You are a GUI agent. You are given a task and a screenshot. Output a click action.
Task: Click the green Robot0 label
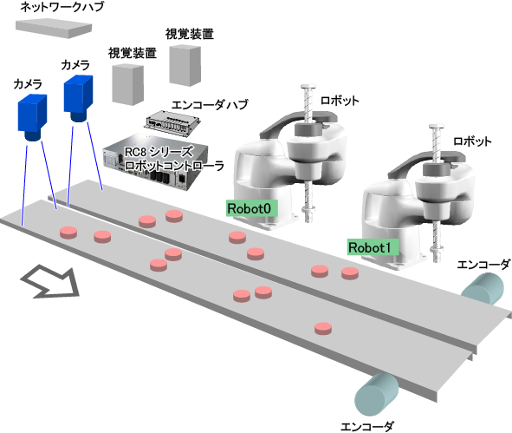[252, 208]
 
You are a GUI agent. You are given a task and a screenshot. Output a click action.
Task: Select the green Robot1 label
[373, 247]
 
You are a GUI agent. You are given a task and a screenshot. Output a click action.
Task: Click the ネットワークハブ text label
[62, 7]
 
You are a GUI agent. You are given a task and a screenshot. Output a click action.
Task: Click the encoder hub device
[172, 122]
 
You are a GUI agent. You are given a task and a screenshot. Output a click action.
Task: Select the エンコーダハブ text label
[210, 105]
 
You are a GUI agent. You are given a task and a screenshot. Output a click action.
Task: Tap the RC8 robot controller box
[156, 161]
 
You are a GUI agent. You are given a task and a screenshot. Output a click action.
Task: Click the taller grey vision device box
[185, 65]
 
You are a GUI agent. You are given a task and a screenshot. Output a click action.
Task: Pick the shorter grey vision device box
[127, 84]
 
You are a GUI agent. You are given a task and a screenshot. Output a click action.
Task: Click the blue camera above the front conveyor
[32, 117]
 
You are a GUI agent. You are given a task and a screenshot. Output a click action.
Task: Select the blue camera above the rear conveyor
[78, 98]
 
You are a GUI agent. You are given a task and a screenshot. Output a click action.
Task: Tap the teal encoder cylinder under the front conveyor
[377, 395]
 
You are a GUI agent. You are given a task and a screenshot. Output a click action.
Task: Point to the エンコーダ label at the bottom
[367, 426]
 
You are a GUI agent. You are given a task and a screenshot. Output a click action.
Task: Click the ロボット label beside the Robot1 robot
[472, 141]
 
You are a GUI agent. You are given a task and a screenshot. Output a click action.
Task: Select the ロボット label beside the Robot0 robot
[340, 100]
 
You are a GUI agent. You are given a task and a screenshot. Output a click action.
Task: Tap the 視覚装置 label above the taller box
[190, 34]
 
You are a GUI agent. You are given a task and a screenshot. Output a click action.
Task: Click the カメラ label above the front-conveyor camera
[28, 84]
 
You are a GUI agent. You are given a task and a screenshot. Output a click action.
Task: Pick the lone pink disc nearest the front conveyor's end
[323, 328]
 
